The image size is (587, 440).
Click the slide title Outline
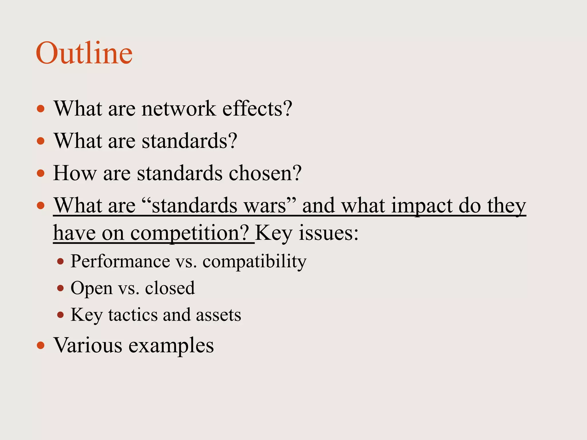coord(84,53)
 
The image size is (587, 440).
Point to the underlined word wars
coord(268,205)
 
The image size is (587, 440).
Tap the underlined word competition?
coord(190,233)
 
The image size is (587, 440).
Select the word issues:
coord(328,233)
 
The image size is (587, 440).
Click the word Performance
coord(120,261)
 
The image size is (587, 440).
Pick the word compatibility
coord(254,262)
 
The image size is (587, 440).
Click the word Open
coord(91,288)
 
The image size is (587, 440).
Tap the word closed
coord(170,288)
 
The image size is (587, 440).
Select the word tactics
coord(132,315)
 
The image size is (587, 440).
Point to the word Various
coord(88,345)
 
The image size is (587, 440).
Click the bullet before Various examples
coord(41,345)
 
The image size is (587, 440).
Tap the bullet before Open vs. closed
coord(60,288)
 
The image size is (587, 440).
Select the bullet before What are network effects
coord(41,109)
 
